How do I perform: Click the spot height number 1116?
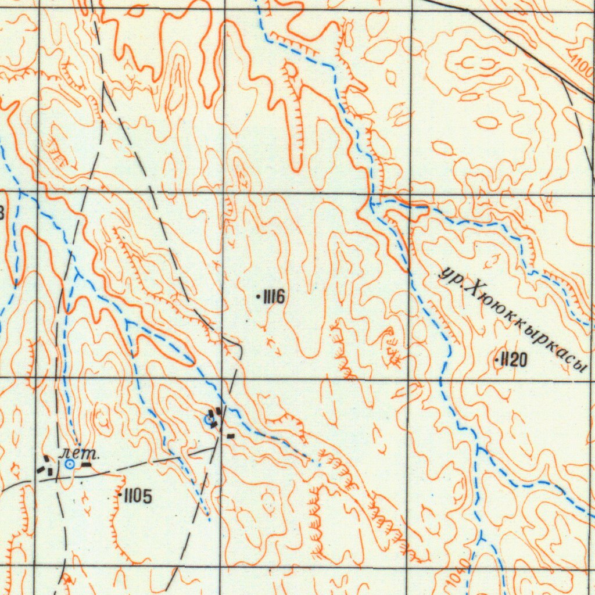pos(274,298)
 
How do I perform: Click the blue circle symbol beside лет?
pos(70,464)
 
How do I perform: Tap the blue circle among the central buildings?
pos(210,420)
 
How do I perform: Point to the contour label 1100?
pos(582,67)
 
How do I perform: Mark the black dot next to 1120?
pos(497,361)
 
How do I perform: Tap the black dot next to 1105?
pos(120,495)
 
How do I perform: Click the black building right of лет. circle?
pos(86,464)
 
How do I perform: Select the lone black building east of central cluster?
pos(231,435)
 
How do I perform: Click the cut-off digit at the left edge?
pos(2,212)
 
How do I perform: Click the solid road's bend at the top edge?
pos(468,10)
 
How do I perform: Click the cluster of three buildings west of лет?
pos(45,465)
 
